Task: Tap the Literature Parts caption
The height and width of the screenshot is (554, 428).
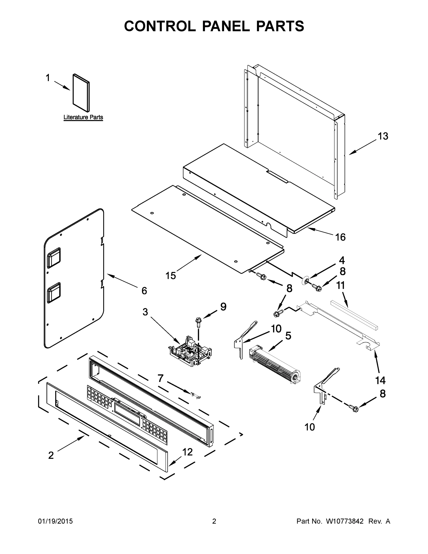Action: tap(83, 117)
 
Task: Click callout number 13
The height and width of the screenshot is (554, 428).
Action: tap(383, 136)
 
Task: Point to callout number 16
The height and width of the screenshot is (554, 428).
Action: tap(340, 237)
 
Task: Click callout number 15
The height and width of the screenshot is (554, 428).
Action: tap(171, 275)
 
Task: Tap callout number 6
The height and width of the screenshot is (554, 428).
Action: tap(144, 291)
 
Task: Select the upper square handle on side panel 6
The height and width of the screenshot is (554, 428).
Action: tap(54, 257)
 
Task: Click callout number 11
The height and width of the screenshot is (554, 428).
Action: tap(341, 285)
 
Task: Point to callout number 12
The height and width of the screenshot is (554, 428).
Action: tap(187, 452)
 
